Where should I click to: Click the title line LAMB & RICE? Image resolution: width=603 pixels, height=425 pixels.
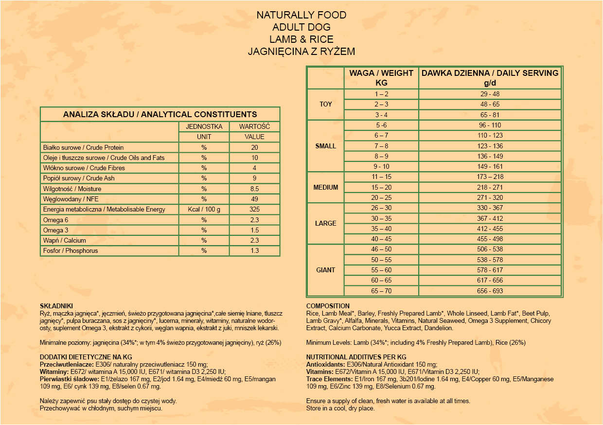(x=301, y=39)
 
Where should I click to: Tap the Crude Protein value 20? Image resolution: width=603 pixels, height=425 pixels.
(x=254, y=147)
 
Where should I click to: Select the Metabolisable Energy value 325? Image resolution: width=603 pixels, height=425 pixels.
(x=254, y=210)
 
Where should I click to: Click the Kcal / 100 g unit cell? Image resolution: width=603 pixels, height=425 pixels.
(x=204, y=210)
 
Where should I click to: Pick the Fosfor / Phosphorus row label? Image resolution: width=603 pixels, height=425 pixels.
(x=71, y=251)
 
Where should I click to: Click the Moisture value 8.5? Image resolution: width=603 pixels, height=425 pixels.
(x=254, y=189)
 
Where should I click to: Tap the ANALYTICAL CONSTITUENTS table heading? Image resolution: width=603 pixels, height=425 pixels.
(x=160, y=115)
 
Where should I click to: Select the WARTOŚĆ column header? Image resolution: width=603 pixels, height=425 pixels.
(x=254, y=126)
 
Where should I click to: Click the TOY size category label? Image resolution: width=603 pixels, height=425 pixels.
(x=326, y=105)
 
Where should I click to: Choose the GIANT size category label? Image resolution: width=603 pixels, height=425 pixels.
(x=326, y=270)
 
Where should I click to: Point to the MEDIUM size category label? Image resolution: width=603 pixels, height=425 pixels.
(x=326, y=187)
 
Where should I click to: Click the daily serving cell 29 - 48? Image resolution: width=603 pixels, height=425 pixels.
(x=490, y=94)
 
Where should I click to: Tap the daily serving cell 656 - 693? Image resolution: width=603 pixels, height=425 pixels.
(x=490, y=291)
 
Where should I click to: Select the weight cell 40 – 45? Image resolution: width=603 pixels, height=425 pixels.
(x=381, y=239)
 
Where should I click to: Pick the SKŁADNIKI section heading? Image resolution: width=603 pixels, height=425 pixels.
(x=56, y=306)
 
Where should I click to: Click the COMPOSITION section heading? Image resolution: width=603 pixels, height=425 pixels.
(x=328, y=306)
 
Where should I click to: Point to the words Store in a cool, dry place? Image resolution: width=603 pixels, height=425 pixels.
(x=340, y=408)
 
